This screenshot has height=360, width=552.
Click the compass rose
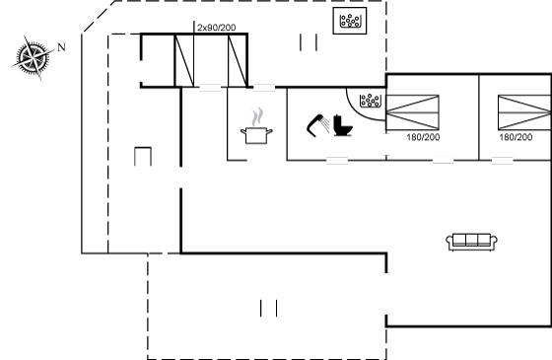(x=33, y=57)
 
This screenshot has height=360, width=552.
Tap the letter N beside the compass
(x=61, y=47)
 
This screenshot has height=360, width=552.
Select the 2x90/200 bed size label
(x=217, y=28)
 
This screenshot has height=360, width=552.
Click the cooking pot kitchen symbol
(x=256, y=136)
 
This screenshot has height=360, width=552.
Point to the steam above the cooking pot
(x=258, y=116)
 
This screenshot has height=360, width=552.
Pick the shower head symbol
(x=317, y=124)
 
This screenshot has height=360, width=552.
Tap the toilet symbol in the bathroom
(x=343, y=125)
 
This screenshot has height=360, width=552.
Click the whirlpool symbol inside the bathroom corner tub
(x=371, y=101)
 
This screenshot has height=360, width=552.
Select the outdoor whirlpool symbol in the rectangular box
(x=350, y=21)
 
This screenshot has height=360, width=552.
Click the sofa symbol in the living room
(x=472, y=242)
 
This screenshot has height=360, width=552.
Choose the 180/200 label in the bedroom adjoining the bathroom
(x=423, y=137)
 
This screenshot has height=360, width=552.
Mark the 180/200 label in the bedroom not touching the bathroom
(x=516, y=137)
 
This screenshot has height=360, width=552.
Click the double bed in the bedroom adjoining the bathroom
(x=413, y=112)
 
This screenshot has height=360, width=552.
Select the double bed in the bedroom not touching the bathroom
(x=524, y=112)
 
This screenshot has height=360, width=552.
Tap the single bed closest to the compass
(x=184, y=60)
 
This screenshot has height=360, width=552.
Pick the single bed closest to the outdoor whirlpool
(x=238, y=60)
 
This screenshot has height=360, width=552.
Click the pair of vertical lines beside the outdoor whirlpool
(x=309, y=42)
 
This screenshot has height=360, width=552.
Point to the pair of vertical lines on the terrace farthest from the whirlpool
(x=269, y=308)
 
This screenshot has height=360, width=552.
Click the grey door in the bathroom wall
(x=337, y=160)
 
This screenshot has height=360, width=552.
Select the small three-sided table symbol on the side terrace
(x=143, y=157)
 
